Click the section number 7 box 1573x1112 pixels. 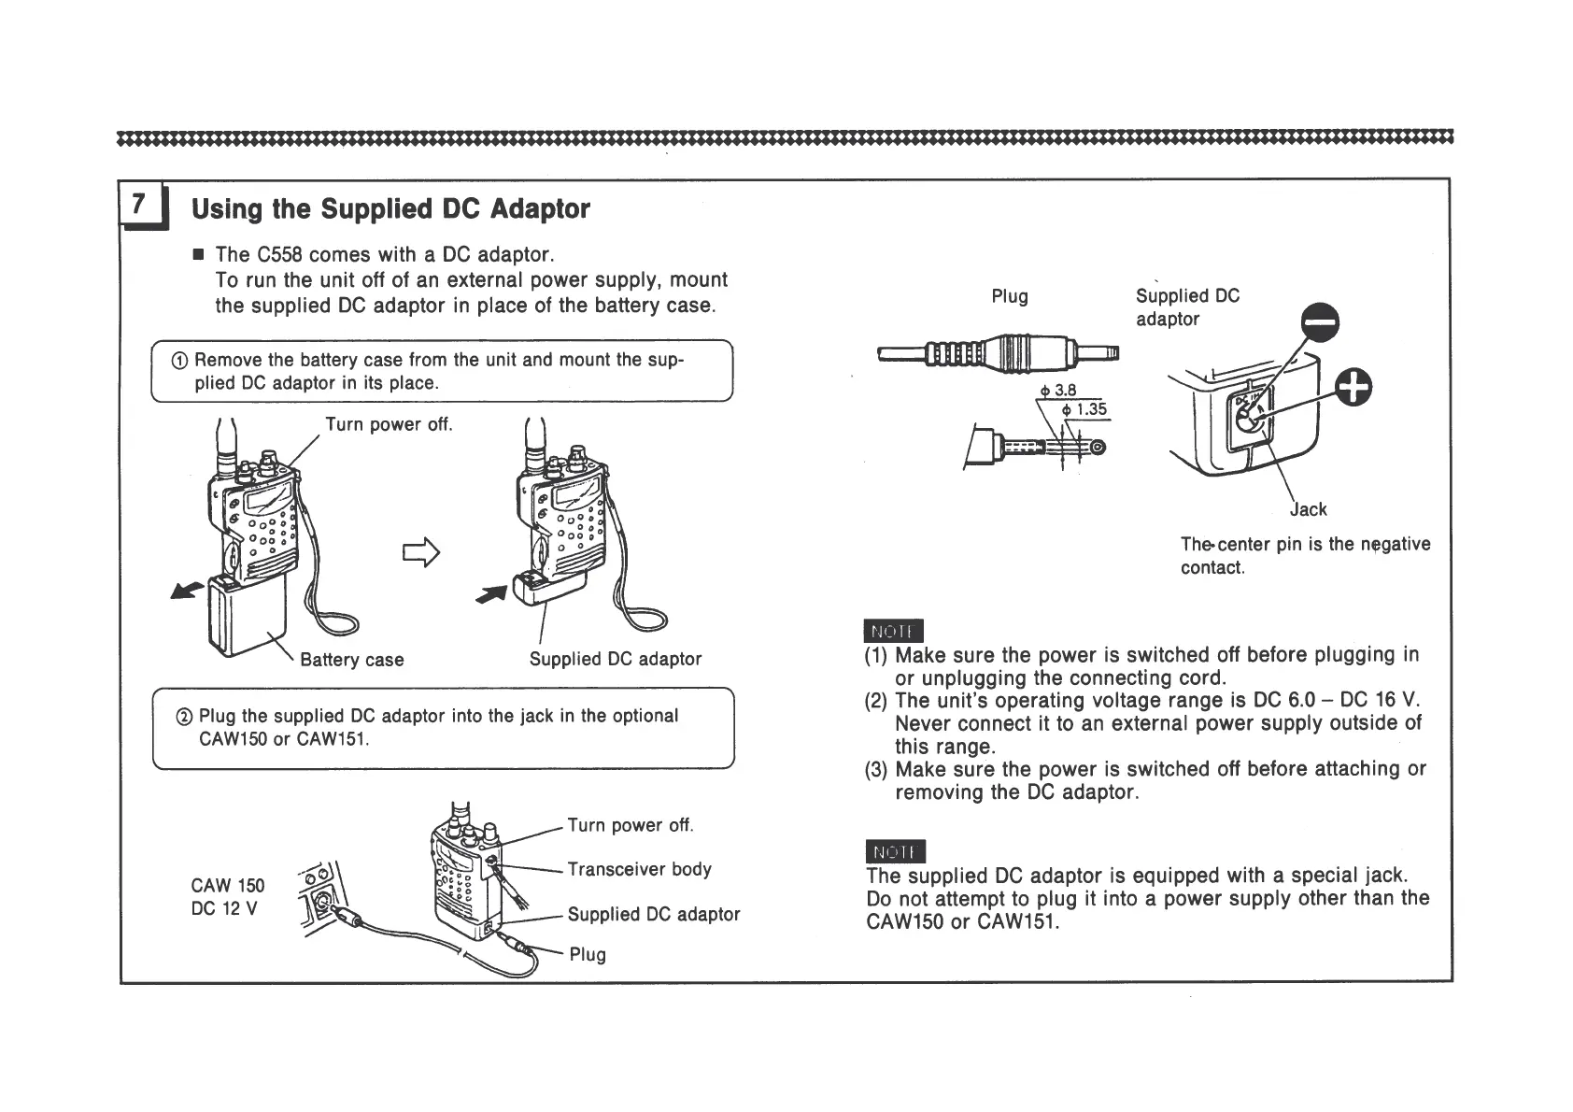point(140,204)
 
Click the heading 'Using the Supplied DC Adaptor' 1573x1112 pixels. point(390,208)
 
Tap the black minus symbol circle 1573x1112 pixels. point(1320,324)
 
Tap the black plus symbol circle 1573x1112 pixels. point(1353,387)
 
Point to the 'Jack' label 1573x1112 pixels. point(1308,509)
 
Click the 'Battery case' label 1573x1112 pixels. point(351,660)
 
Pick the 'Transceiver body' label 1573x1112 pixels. point(640,869)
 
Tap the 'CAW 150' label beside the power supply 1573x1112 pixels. point(227,885)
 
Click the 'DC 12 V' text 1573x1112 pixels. point(223,908)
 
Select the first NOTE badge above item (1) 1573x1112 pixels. point(894,631)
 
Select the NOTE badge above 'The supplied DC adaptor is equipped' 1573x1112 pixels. point(895,851)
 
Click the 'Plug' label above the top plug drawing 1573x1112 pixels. point(1009,296)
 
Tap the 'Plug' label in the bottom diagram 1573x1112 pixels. point(588,954)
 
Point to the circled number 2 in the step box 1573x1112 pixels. point(184,717)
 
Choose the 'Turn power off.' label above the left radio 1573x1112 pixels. point(389,424)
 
